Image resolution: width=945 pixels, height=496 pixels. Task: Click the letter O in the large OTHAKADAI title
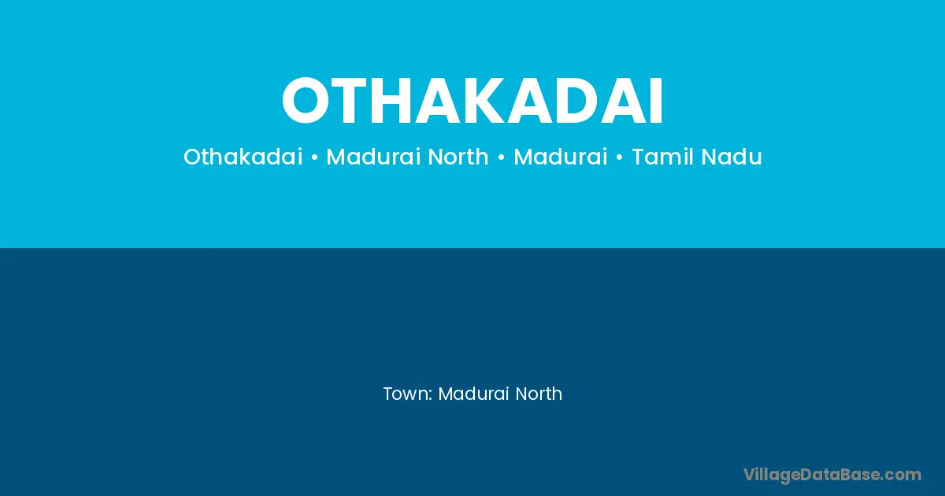(x=305, y=101)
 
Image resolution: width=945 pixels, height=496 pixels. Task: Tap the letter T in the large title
(x=351, y=101)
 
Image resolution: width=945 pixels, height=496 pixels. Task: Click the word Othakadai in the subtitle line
(x=243, y=157)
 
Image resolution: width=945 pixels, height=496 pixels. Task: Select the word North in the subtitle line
(x=458, y=157)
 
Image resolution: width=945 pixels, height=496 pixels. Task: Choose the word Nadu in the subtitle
(x=732, y=157)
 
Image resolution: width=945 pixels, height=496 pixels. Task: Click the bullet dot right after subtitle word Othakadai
(x=314, y=157)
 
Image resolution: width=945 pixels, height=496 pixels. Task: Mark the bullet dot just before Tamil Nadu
(x=619, y=157)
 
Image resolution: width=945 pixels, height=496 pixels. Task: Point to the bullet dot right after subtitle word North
(x=501, y=157)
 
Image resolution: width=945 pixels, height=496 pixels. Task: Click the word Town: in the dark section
(x=408, y=394)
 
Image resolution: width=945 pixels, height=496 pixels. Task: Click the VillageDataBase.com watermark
(x=832, y=476)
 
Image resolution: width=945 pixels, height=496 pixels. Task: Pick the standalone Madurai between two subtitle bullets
(x=560, y=157)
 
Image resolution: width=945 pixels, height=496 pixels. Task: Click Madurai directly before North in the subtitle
(x=373, y=157)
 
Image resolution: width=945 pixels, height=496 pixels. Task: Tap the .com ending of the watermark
(x=901, y=476)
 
